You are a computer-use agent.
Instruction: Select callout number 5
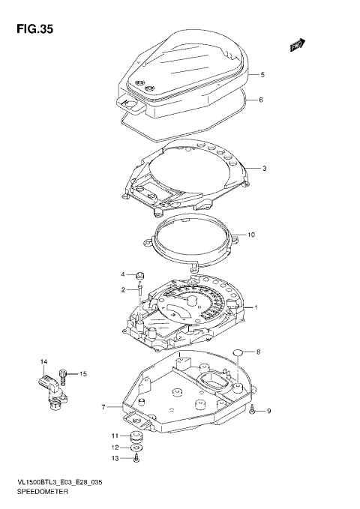262,75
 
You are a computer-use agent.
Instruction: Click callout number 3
264,168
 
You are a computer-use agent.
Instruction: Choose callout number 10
251,235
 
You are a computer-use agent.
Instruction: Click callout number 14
43,363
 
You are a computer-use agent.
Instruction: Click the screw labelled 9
254,410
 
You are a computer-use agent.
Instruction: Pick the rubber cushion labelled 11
137,436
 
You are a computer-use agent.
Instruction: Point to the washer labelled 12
137,452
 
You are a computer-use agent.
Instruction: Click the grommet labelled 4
139,275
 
